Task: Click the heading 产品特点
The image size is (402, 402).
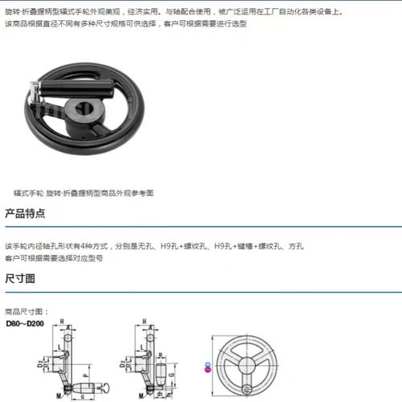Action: (x=25, y=214)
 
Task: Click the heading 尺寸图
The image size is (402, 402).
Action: (x=20, y=279)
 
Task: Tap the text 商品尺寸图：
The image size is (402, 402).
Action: (x=27, y=311)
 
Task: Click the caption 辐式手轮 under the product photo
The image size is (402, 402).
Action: (x=28, y=194)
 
